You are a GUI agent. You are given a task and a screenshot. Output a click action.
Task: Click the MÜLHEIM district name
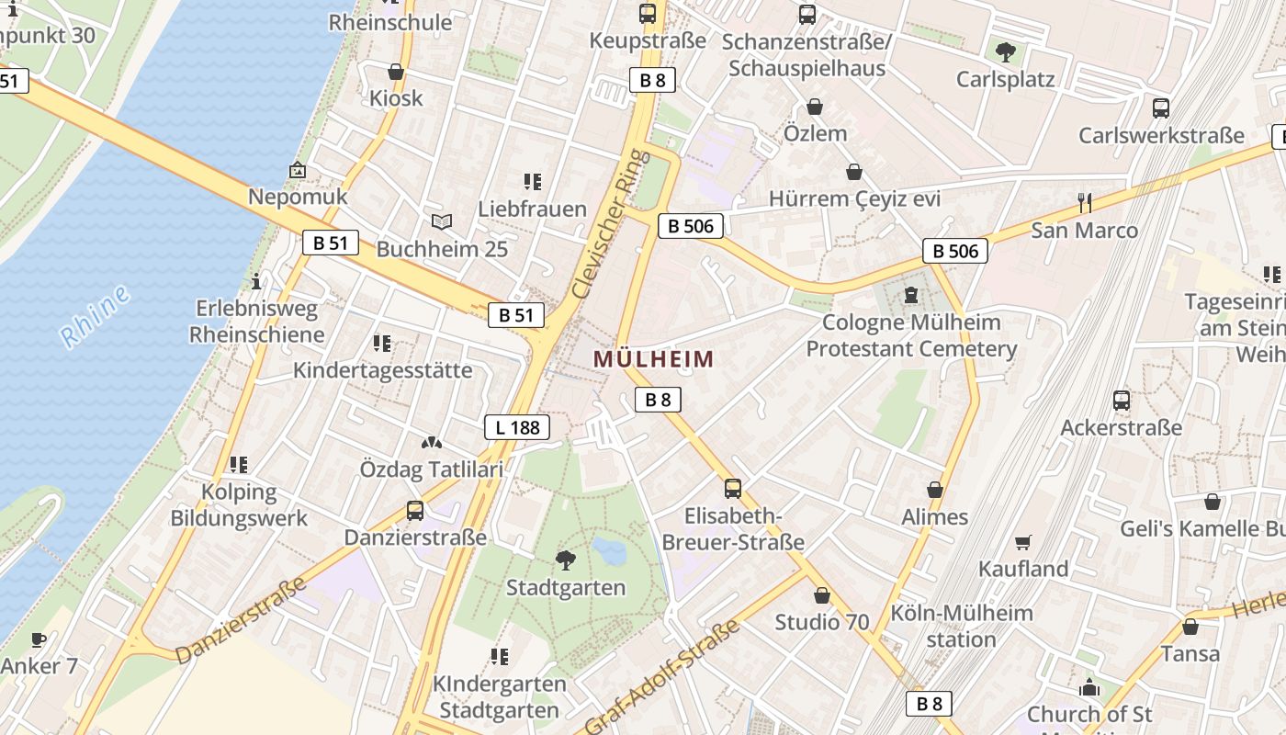click(x=653, y=359)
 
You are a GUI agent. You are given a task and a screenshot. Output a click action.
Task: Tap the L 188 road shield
click(x=517, y=427)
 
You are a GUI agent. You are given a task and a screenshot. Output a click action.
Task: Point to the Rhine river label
click(x=95, y=317)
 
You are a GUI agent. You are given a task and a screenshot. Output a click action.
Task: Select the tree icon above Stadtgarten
click(x=566, y=560)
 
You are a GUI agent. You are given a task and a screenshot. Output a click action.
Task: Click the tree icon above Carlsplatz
click(x=1006, y=51)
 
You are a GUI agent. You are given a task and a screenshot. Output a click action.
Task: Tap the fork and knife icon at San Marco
click(x=1085, y=202)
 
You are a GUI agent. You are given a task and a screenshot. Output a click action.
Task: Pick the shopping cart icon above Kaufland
click(x=1023, y=543)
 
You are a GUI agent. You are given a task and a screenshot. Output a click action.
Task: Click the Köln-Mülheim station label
click(x=961, y=626)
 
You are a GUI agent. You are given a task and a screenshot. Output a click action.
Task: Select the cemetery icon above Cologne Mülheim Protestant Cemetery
click(x=910, y=295)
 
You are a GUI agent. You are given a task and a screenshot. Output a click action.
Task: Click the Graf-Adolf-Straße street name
click(x=661, y=678)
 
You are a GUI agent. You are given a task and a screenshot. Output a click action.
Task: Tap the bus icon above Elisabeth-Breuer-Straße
click(x=733, y=488)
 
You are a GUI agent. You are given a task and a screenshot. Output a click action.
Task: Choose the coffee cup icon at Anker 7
click(x=38, y=639)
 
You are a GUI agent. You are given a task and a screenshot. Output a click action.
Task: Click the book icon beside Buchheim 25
click(x=442, y=221)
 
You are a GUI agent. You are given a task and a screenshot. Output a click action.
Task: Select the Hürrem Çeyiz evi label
click(x=854, y=199)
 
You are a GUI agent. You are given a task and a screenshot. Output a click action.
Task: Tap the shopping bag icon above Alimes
click(x=935, y=490)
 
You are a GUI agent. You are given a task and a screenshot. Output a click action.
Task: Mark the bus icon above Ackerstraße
click(x=1122, y=401)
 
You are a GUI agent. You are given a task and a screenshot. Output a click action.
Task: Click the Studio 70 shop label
click(x=821, y=622)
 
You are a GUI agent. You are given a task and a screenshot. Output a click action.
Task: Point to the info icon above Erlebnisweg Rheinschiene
click(x=256, y=281)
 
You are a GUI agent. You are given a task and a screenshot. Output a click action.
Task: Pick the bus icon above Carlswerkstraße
click(x=1161, y=108)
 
